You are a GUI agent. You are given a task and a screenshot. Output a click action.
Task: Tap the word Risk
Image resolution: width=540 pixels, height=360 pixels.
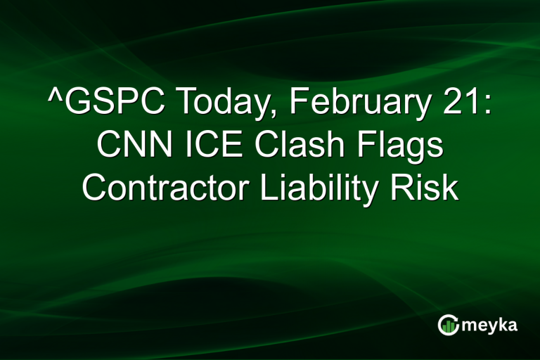[x=426, y=188]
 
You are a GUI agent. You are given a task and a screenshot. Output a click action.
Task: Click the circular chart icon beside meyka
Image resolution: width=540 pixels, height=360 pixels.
[x=448, y=325]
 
